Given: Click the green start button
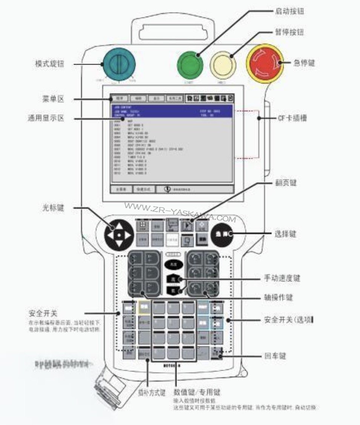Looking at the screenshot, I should click(189, 65).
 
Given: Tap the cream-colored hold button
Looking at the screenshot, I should click(223, 65).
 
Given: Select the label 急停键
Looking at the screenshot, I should click(304, 63).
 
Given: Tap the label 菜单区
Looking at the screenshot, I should click(52, 99).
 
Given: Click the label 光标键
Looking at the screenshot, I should click(53, 207).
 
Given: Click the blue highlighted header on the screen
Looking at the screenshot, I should click(172, 111).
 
